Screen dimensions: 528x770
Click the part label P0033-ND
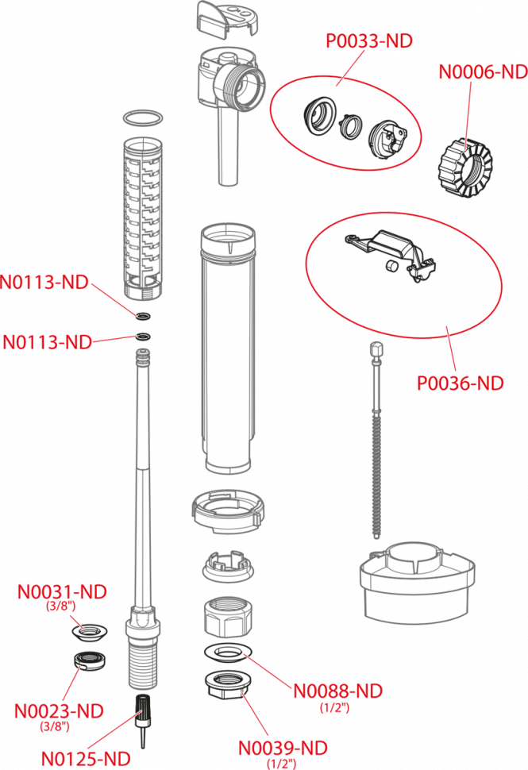point(369,40)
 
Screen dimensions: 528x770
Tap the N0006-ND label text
point(484,71)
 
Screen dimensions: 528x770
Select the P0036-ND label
point(461,383)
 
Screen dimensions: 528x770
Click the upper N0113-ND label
point(44,283)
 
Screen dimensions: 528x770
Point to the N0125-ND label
point(86,759)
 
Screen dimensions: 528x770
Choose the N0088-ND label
point(338,691)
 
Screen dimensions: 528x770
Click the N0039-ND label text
point(283,749)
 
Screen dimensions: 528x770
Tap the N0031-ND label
point(62,591)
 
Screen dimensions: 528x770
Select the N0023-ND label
point(59,711)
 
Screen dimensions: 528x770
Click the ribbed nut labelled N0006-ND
point(464,166)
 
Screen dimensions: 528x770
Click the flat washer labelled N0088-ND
point(228,653)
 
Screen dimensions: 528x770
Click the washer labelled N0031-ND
point(90,632)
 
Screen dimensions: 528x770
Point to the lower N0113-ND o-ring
point(144,337)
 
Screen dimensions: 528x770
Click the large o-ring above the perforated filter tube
point(142,118)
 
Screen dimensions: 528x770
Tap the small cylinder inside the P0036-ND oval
point(391,266)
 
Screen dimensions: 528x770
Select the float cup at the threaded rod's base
point(417,583)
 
